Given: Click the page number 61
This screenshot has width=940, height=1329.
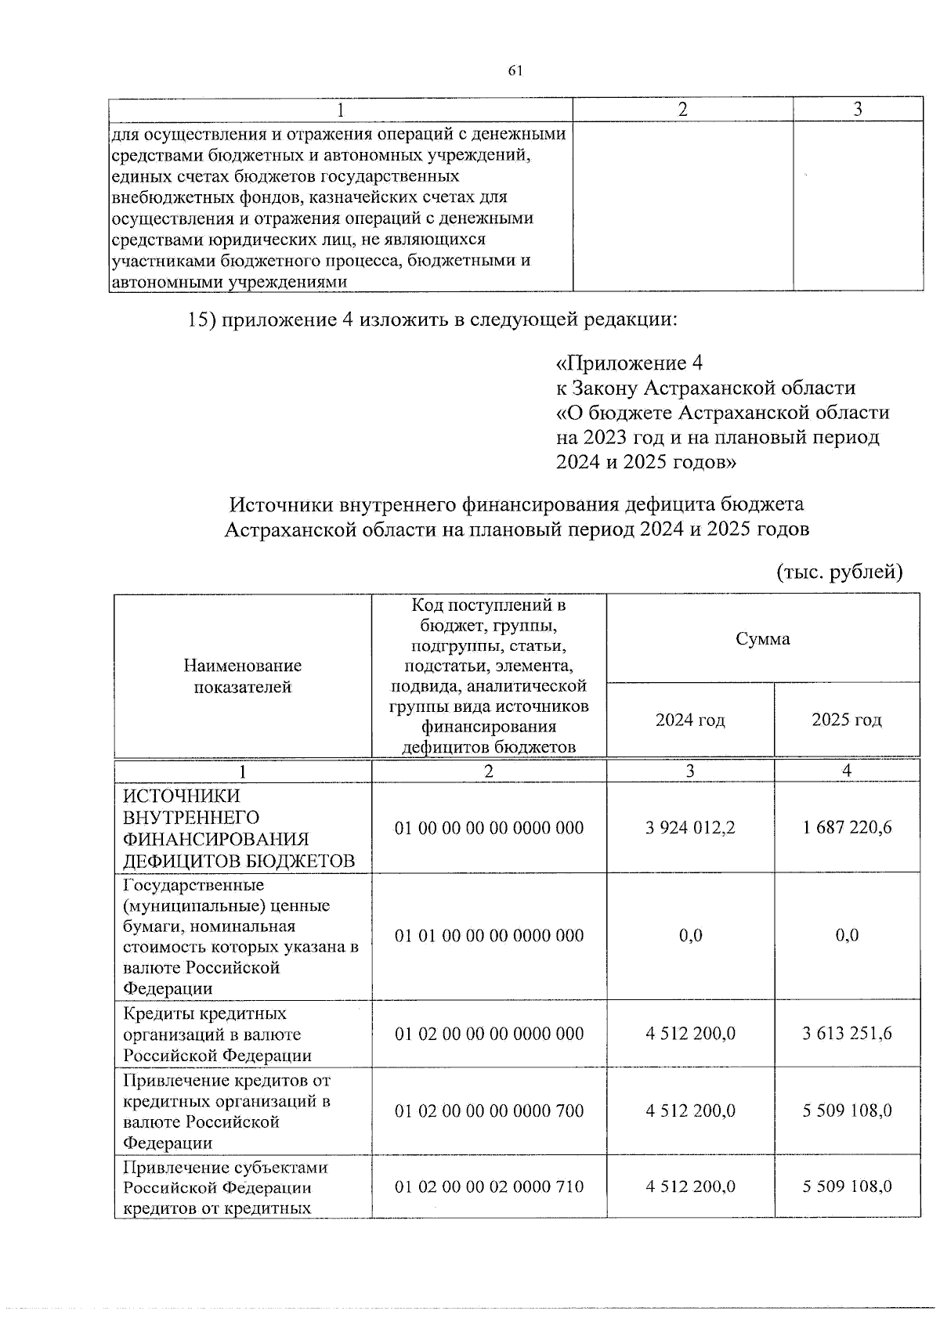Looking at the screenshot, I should click(515, 71).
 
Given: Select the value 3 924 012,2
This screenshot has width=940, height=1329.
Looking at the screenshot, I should click(690, 828).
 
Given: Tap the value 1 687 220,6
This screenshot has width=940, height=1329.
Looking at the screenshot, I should click(847, 828).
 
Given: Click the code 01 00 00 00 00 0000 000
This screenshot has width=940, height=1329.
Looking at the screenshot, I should click(489, 829).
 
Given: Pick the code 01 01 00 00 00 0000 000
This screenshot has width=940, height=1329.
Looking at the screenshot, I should click(489, 936).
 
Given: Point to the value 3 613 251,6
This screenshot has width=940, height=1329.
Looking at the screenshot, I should click(847, 1034).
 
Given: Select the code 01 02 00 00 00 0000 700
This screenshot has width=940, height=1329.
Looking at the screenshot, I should click(489, 1111).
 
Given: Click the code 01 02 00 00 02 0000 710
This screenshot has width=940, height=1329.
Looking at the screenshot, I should click(489, 1187).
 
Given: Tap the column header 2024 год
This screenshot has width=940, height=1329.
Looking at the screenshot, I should click(690, 720).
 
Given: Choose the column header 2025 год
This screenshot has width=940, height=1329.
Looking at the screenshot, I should click(847, 720).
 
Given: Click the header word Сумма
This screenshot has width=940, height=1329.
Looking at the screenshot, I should click(762, 639).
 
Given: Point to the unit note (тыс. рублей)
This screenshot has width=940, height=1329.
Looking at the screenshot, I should click(839, 572).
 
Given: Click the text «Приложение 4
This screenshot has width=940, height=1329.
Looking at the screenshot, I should click(629, 363).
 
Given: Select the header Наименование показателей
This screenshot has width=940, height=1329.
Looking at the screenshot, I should click(242, 677).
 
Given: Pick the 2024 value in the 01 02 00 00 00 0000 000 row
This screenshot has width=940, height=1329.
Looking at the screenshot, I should click(690, 1034).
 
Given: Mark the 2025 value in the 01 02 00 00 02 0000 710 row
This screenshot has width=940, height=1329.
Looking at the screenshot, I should click(847, 1187).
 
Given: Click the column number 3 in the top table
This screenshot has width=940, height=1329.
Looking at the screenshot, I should click(858, 110).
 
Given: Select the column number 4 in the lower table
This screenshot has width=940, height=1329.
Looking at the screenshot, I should click(847, 771).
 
